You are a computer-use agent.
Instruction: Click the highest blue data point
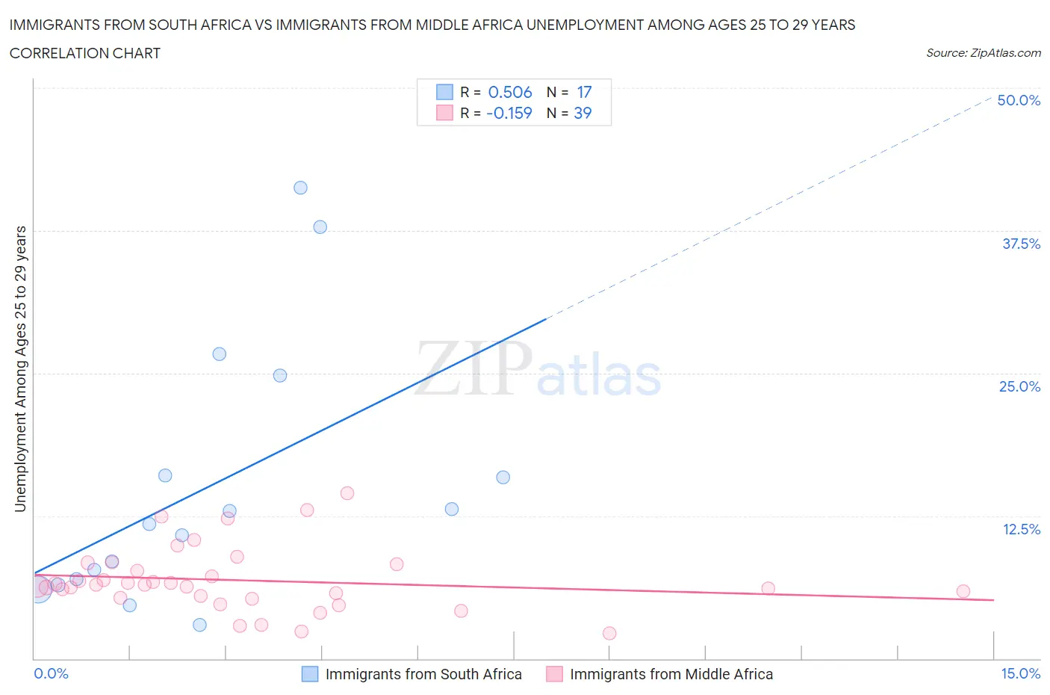click(x=300, y=188)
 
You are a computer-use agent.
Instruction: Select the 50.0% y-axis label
click(x=1019, y=100)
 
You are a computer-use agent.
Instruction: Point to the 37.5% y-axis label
click(x=1021, y=244)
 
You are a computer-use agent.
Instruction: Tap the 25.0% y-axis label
click(x=1019, y=386)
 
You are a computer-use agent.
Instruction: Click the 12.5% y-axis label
click(x=1021, y=529)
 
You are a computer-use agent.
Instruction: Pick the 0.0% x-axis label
click(x=51, y=673)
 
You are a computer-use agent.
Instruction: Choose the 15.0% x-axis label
click(x=1020, y=673)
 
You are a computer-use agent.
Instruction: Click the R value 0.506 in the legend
click(x=509, y=92)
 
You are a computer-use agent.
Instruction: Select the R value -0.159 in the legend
click(x=509, y=113)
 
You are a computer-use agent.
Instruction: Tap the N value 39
click(x=583, y=113)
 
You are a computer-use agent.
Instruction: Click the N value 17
click(x=584, y=92)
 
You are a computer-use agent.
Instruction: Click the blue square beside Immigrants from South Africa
click(x=310, y=674)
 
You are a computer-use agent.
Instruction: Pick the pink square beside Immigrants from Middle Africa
click(x=554, y=674)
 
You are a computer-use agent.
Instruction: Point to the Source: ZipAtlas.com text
click(x=983, y=52)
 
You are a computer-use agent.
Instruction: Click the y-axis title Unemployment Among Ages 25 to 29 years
click(x=20, y=369)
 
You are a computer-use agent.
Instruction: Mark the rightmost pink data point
click(x=963, y=591)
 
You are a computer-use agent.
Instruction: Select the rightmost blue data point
click(x=503, y=477)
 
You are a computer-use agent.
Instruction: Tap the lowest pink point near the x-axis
click(x=609, y=633)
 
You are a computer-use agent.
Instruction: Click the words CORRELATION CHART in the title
click(x=85, y=53)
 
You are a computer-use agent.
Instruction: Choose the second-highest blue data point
click(x=320, y=226)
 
